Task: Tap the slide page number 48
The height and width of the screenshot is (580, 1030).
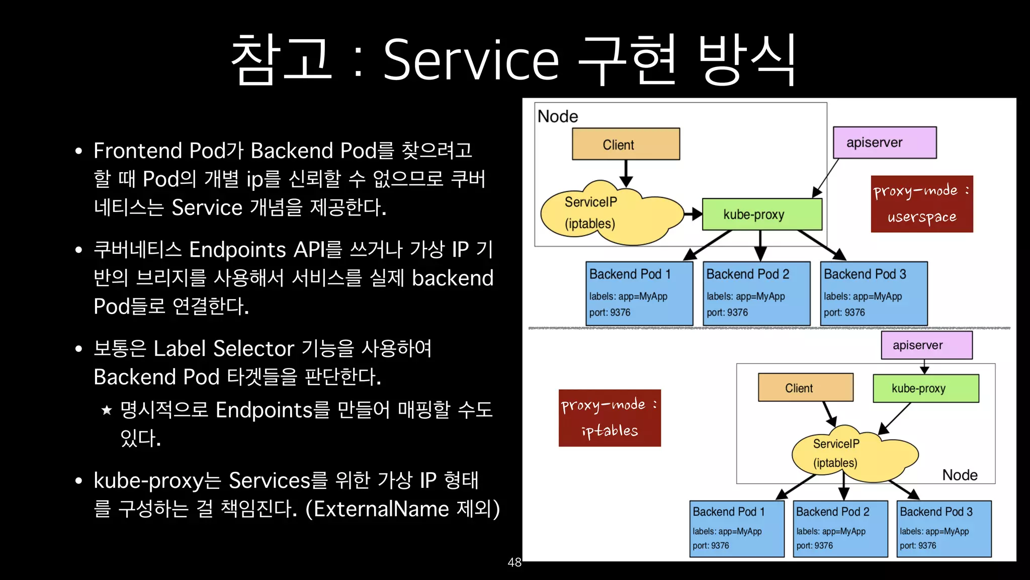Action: coord(514,562)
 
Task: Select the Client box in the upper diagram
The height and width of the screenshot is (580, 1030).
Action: coord(626,144)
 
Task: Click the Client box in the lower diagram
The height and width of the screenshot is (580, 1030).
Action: coord(805,388)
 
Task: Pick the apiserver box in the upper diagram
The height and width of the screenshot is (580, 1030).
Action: coord(884,142)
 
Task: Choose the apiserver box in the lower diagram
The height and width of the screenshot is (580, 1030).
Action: coord(926,345)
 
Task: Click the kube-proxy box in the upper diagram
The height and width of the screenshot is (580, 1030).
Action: coord(761,214)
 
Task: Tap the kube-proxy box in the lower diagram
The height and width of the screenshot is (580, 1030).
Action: coord(925,388)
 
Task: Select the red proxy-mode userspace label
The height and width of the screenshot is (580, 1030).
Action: coord(921,204)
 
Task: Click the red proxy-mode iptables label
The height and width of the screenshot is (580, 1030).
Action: coord(610,418)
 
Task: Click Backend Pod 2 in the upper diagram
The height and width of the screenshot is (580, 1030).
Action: coord(756,293)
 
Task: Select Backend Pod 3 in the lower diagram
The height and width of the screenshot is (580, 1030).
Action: coord(943,528)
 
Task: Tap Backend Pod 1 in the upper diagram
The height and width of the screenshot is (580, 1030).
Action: coord(639,293)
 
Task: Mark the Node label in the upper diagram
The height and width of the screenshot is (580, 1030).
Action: coord(557,116)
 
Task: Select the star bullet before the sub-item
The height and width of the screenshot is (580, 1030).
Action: coord(107,410)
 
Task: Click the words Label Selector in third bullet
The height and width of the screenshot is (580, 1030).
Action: coord(224,348)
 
